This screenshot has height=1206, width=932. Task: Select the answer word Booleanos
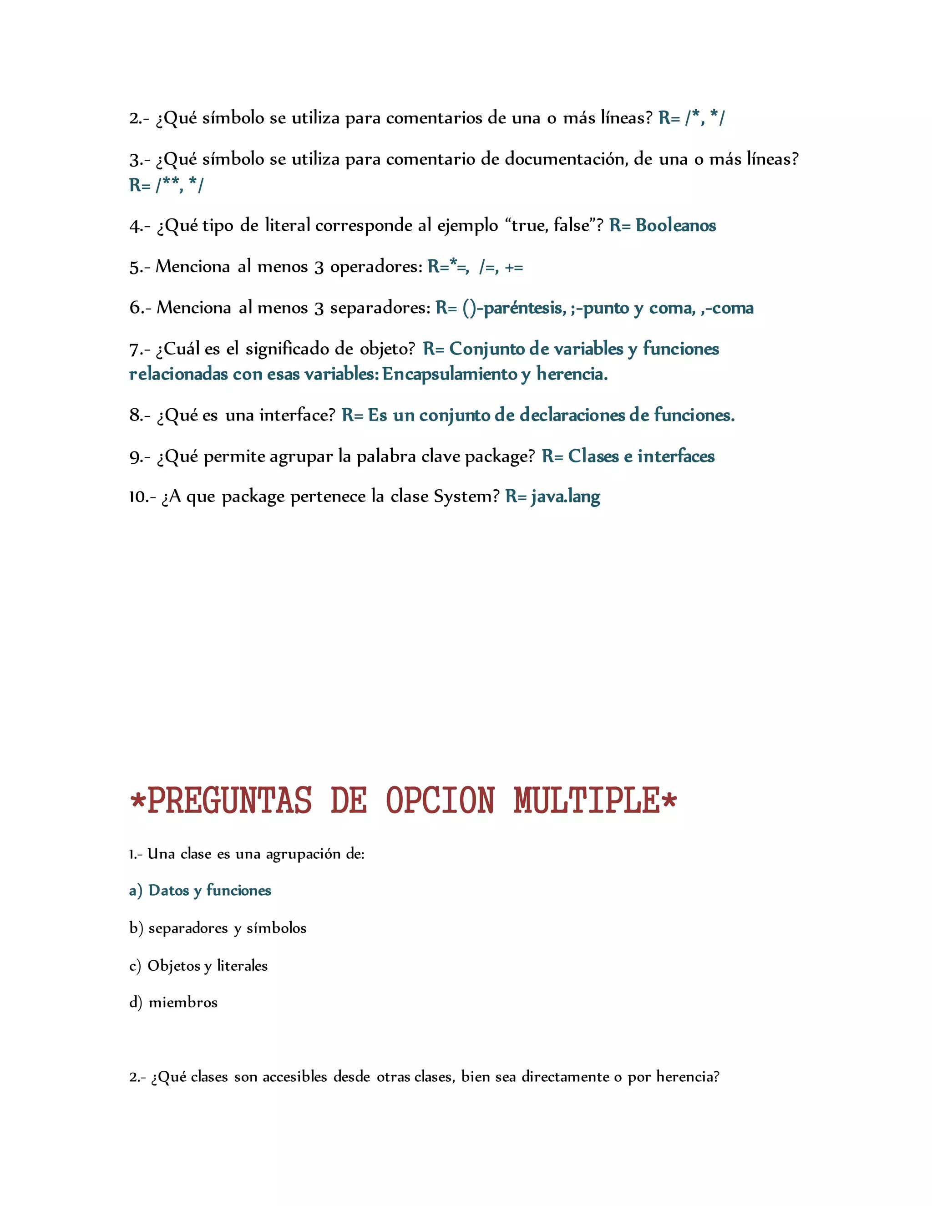pyautogui.click(x=676, y=225)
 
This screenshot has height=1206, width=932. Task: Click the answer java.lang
pyautogui.click(x=565, y=497)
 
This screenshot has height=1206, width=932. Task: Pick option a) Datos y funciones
pyautogui.click(x=200, y=890)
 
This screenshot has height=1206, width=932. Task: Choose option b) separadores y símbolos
pyautogui.click(x=218, y=927)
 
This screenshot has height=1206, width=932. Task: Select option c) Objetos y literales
pyautogui.click(x=198, y=965)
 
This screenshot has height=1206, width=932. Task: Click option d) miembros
pyautogui.click(x=173, y=1002)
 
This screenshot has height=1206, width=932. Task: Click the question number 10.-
pyautogui.click(x=142, y=497)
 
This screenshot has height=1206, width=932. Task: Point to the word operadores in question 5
pyautogui.click(x=376, y=267)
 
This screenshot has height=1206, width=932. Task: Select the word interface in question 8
pyautogui.click(x=297, y=415)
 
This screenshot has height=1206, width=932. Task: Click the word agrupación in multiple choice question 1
pyautogui.click(x=303, y=854)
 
